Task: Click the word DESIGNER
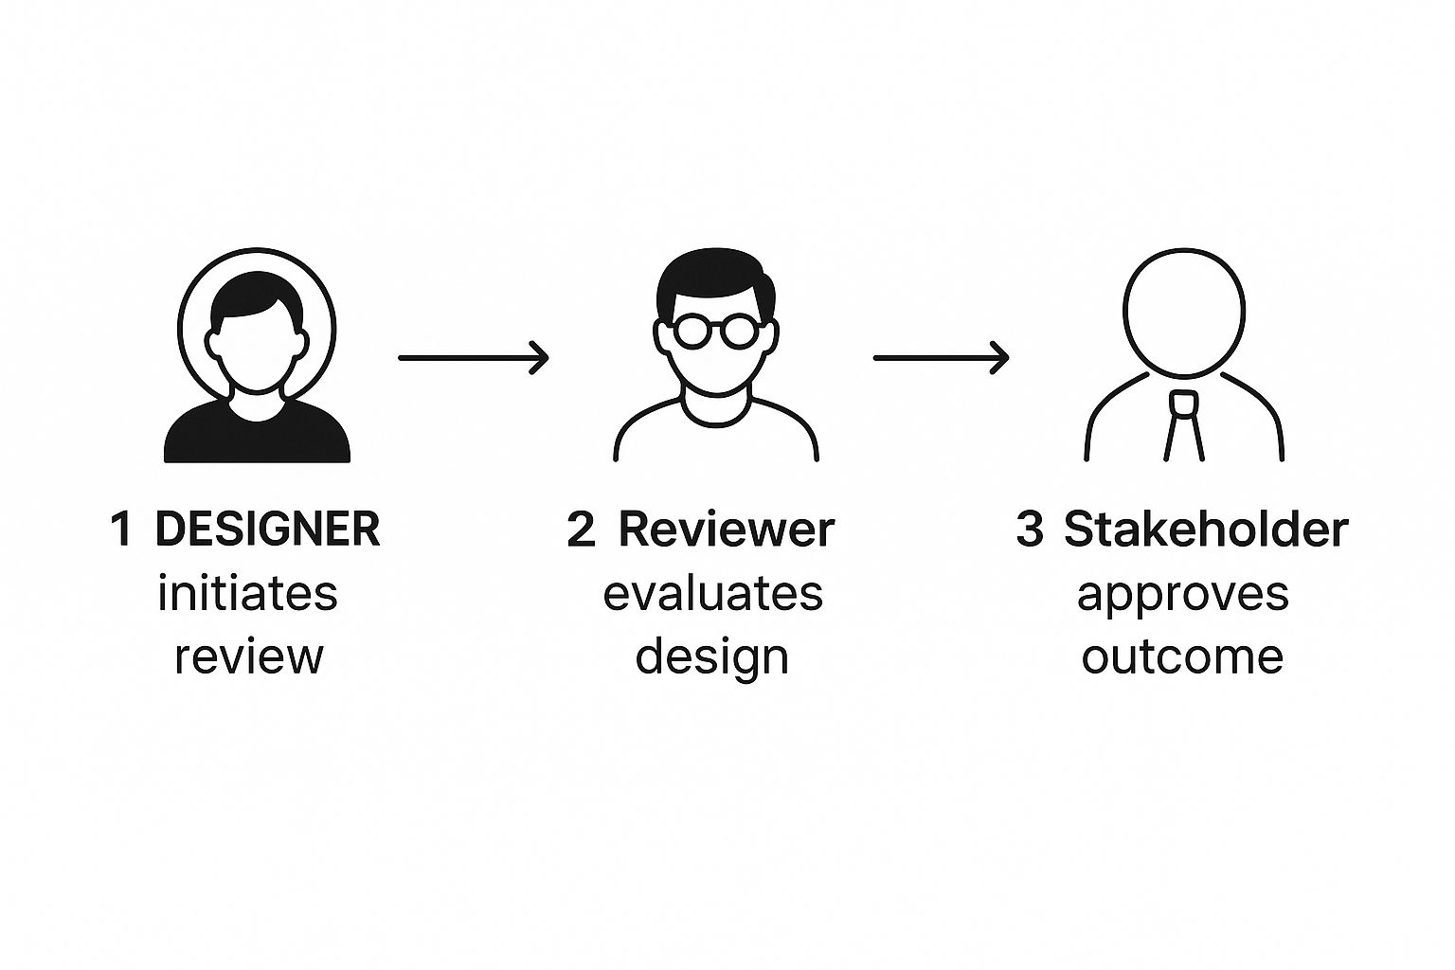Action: click(x=268, y=529)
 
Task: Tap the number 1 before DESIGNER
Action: click(x=121, y=529)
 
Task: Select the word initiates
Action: click(x=247, y=593)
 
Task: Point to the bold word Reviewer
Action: click(x=727, y=529)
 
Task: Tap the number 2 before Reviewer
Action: click(x=581, y=529)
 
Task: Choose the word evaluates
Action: click(x=712, y=593)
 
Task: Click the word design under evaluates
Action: click(x=712, y=658)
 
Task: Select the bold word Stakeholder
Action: click(x=1206, y=529)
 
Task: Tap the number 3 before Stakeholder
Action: click(x=1031, y=529)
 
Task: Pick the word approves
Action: click(x=1183, y=597)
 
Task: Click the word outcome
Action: click(x=1182, y=656)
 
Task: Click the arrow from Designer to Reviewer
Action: click(x=474, y=357)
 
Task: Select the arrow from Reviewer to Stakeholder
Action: click(x=942, y=357)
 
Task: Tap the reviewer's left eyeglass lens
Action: click(x=692, y=330)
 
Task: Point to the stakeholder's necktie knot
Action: click(x=1183, y=403)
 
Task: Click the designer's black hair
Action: click(x=257, y=298)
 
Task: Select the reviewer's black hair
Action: click(x=714, y=280)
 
